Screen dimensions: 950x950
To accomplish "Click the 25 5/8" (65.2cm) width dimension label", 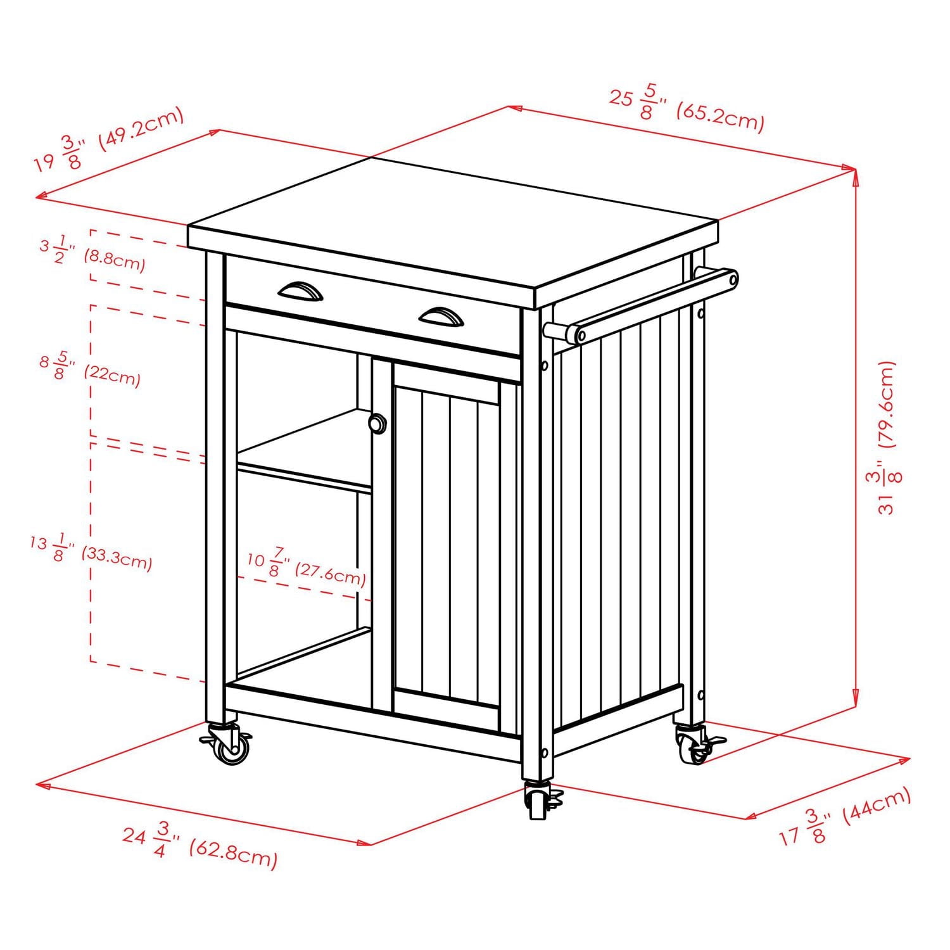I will pyautogui.click(x=687, y=109).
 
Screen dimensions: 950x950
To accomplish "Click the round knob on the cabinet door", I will pyautogui.click(x=377, y=424).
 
